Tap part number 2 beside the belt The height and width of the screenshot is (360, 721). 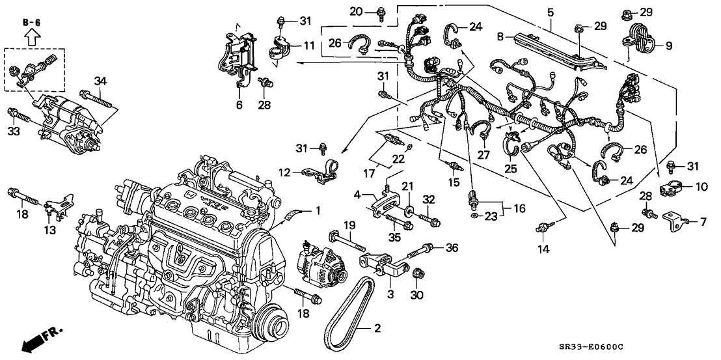tap(375, 329)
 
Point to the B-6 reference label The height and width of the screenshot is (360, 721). tap(31, 23)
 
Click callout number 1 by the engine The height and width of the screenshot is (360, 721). tap(318, 210)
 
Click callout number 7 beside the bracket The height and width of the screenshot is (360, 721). tap(702, 222)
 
